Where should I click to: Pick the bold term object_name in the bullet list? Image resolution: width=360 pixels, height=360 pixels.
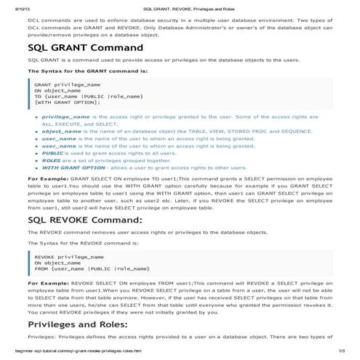(x=61, y=131)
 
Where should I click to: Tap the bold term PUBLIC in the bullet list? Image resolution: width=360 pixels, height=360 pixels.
(x=52, y=153)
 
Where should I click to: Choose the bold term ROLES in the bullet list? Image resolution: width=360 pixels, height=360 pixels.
(x=52, y=161)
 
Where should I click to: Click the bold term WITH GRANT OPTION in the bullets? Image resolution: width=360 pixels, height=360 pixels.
(x=73, y=168)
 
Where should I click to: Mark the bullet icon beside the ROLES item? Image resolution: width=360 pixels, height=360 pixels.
(x=37, y=161)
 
